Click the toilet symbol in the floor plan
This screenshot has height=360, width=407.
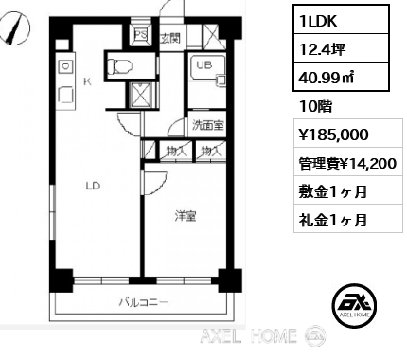(x=120, y=66)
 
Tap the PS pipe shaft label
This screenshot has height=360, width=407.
(x=141, y=34)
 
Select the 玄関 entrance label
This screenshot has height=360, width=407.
(x=170, y=39)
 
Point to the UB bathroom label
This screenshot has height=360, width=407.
(x=204, y=65)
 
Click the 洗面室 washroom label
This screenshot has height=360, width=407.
(x=208, y=126)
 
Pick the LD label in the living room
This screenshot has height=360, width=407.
(x=93, y=186)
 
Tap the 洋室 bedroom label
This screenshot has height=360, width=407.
(x=186, y=216)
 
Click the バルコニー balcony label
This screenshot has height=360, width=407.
(x=143, y=303)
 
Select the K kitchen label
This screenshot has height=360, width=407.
(x=87, y=82)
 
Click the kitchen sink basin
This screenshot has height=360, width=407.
(x=65, y=66)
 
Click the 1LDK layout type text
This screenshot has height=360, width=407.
(x=319, y=21)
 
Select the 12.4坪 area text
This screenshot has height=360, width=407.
(x=323, y=49)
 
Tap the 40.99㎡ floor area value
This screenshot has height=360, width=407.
(x=327, y=78)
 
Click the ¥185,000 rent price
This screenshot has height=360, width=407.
(x=334, y=135)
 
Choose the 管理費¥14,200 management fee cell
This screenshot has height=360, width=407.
(x=348, y=163)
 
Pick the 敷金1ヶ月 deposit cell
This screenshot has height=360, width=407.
(x=348, y=190)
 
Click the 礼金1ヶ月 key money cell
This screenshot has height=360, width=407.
(x=348, y=219)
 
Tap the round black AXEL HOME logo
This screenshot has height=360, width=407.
(x=355, y=305)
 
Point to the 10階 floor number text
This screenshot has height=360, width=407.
(x=316, y=107)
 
